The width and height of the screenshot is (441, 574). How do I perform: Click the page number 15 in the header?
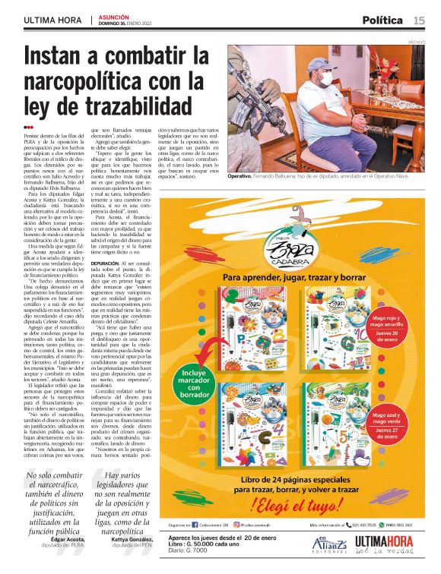(419, 20)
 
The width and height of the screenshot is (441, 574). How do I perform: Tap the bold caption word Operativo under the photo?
(245, 175)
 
